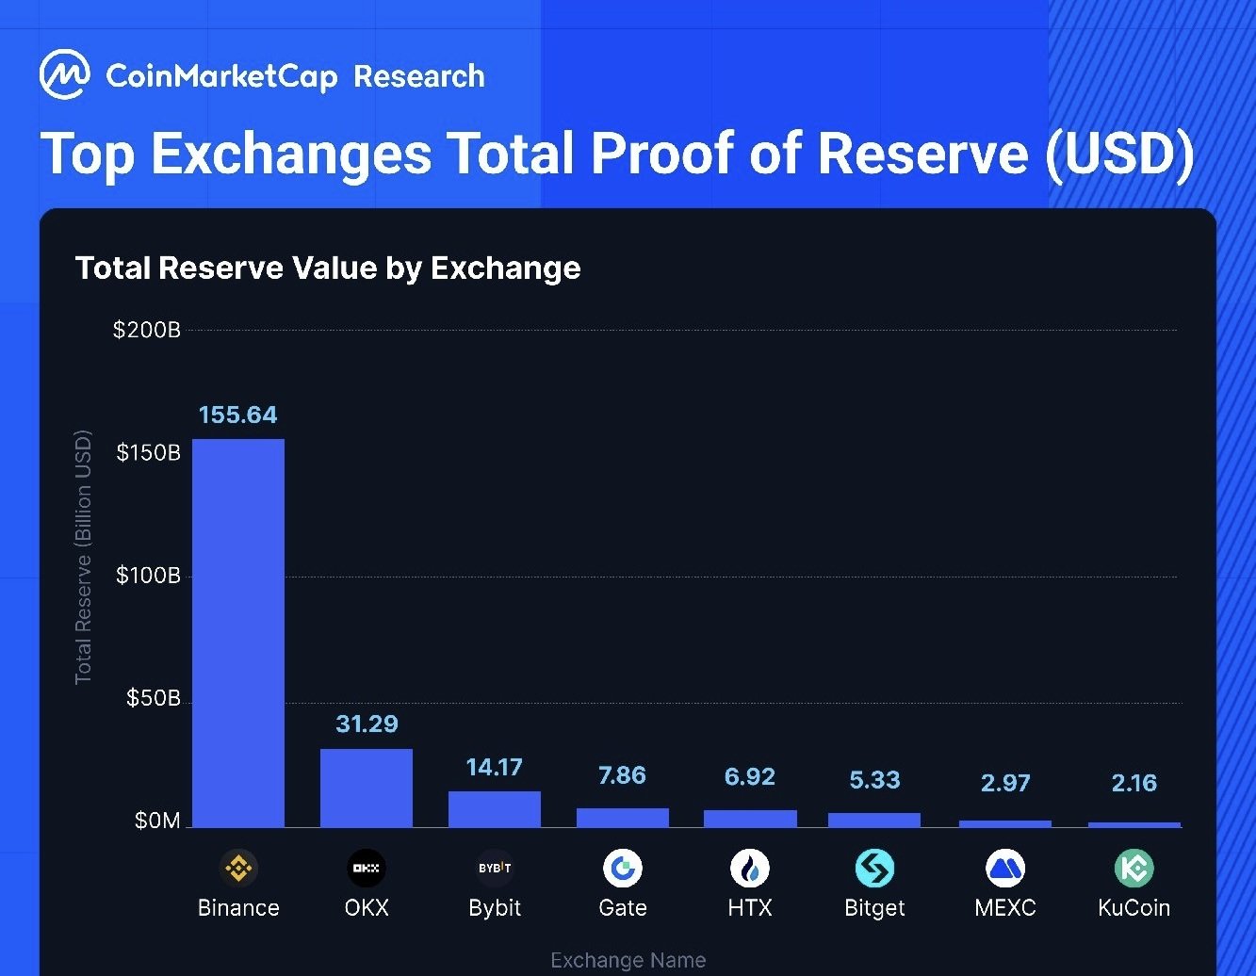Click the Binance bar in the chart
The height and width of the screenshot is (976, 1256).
pyautogui.click(x=238, y=633)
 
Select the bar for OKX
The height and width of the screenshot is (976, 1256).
pyautogui.click(x=367, y=788)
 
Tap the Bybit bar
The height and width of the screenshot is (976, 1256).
pyautogui.click(x=495, y=809)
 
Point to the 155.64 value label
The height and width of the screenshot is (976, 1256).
pyautogui.click(x=238, y=415)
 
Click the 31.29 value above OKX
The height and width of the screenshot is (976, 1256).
pyautogui.click(x=367, y=724)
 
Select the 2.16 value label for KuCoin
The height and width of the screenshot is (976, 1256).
pyautogui.click(x=1134, y=783)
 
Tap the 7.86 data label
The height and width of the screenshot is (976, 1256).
pyautogui.click(x=622, y=775)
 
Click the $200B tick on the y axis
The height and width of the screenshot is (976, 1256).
pyautogui.click(x=146, y=330)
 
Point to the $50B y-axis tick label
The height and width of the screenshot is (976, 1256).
pyautogui.click(x=153, y=698)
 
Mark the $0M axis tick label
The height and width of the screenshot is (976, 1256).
pyautogui.click(x=157, y=821)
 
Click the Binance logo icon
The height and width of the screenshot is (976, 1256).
pyautogui.click(x=238, y=868)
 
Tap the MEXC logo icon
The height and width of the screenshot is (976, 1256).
pyautogui.click(x=1004, y=868)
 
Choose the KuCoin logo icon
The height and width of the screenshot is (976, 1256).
pyautogui.click(x=1134, y=868)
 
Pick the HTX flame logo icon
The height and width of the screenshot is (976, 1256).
pyautogui.click(x=750, y=868)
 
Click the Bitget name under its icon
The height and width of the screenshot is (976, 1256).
pyautogui.click(x=874, y=908)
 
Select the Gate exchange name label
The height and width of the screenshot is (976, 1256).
pyautogui.click(x=622, y=908)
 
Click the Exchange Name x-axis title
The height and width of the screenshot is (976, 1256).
pyautogui.click(x=628, y=960)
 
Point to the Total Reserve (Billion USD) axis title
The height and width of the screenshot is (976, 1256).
pyautogui.click(x=84, y=557)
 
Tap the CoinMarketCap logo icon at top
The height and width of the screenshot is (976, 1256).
pyautogui.click(x=65, y=75)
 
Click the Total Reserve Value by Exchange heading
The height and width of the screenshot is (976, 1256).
pyautogui.click(x=328, y=268)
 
